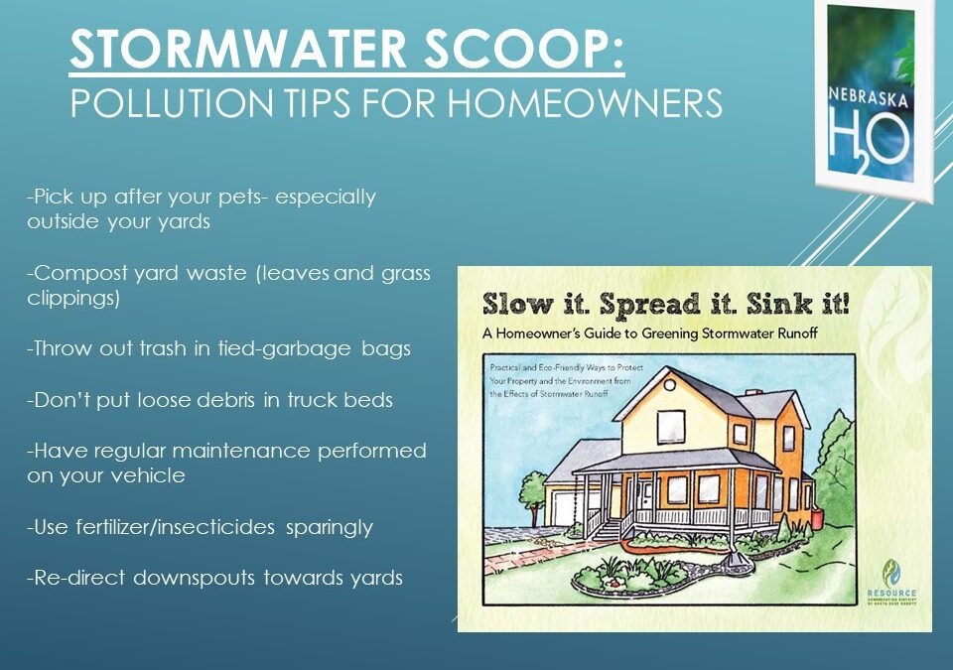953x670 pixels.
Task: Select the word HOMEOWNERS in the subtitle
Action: coord(596,103)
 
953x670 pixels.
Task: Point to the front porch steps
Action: coord(608,531)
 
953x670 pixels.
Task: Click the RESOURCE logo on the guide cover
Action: coord(890,584)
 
